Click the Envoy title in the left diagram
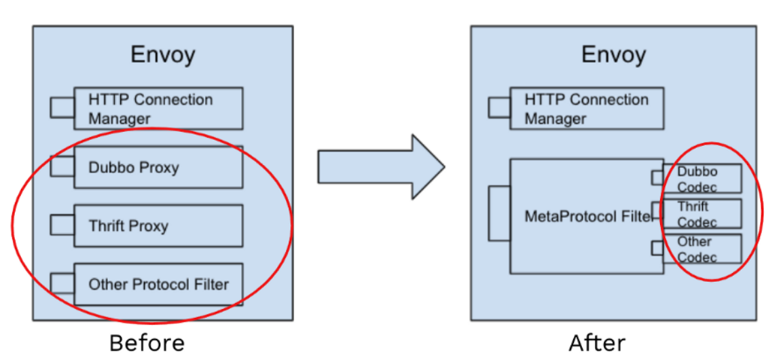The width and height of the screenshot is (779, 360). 163,54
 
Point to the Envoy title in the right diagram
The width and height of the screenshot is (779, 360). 613,54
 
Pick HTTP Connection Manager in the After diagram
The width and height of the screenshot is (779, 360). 587,109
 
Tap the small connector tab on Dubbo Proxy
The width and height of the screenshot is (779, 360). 62,166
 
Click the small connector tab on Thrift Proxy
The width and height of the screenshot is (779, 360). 62,225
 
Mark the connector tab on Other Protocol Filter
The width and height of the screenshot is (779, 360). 62,283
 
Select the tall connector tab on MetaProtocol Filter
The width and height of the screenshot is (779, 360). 499,213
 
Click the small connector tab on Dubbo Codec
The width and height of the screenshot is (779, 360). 657,178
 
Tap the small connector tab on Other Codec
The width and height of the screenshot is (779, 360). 657,248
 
